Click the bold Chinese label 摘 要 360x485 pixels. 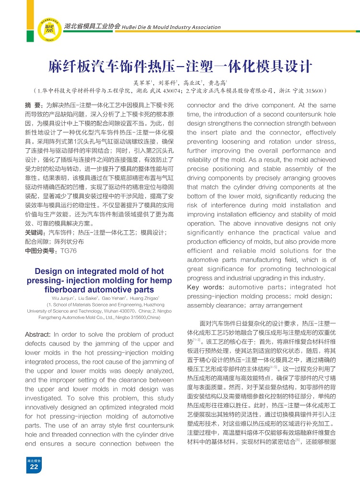33,105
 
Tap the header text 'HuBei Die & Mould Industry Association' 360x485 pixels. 165,27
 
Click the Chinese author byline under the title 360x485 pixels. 180,82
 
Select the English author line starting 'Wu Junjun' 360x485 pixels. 99,298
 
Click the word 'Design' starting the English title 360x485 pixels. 50,272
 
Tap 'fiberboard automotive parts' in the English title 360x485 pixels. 99,289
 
